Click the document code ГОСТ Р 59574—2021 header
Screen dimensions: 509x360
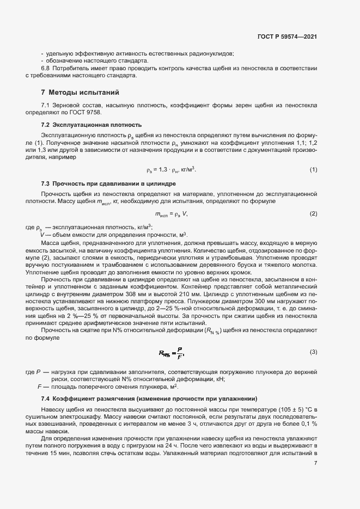point(288,36)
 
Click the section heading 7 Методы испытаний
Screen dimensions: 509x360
point(80,92)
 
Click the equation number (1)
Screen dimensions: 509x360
point(313,169)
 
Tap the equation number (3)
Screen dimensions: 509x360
point(313,352)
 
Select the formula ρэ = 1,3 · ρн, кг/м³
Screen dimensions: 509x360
point(171,169)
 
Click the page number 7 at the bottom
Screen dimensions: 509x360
point(315,463)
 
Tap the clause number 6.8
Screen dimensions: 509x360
point(46,68)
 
